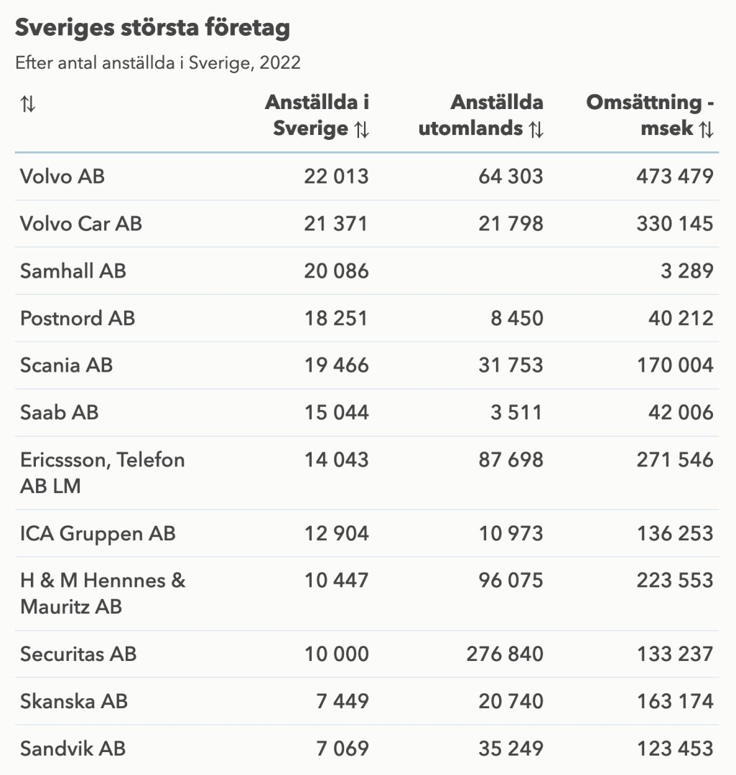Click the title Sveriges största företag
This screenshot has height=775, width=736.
pyautogui.click(x=152, y=28)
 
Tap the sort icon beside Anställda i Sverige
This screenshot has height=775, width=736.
pyautogui.click(x=361, y=130)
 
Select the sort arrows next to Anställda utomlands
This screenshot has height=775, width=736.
pyautogui.click(x=536, y=130)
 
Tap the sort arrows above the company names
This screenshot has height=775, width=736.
pyautogui.click(x=28, y=104)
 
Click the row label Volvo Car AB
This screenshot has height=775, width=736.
pyautogui.click(x=81, y=223)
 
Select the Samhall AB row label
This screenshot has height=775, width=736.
pyautogui.click(x=73, y=271)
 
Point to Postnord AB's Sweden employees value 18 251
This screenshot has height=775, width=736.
pyautogui.click(x=336, y=318)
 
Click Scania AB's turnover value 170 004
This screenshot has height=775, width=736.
pyautogui.click(x=675, y=365)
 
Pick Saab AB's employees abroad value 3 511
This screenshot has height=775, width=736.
pyautogui.click(x=517, y=413)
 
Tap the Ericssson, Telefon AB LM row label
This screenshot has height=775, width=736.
pyautogui.click(x=102, y=472)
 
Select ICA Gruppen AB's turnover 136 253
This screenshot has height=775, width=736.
pyautogui.click(x=675, y=533)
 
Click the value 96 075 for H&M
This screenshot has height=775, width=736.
pyautogui.click(x=511, y=581)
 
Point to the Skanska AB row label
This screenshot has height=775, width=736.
pyautogui.click(x=74, y=701)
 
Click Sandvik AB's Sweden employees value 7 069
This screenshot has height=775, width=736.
pyautogui.click(x=343, y=748)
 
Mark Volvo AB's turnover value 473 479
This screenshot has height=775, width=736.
pyautogui.click(x=675, y=176)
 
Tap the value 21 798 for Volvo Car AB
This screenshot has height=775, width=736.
pyautogui.click(x=511, y=223)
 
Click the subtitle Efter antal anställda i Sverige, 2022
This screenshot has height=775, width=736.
pyautogui.click(x=158, y=63)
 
